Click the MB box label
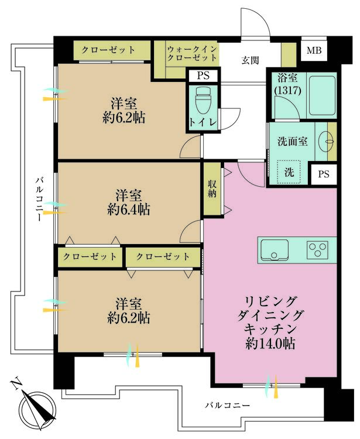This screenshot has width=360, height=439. pos(316,50)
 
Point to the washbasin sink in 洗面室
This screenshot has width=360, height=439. pos(327,140)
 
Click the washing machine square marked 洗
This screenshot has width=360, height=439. pos(288,172)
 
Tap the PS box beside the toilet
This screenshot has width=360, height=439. pos(203,76)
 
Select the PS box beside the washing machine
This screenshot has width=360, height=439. pos(324,174)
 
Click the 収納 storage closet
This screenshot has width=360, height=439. pos(212,188)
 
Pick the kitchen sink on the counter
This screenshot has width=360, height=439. pos(273,250)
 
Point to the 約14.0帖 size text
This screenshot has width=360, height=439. pos(270,344)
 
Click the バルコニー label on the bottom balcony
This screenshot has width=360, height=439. pos(228,405)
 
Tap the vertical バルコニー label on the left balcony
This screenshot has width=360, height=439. pos(37,199)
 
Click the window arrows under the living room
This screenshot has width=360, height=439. pos(272,385)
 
